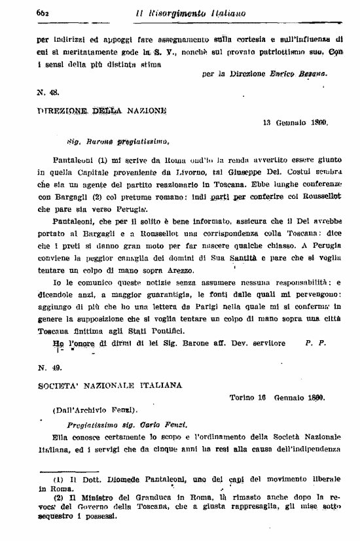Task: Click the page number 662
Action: [45, 13]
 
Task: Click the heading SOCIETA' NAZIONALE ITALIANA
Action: [110, 386]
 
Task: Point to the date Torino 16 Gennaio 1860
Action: [278, 397]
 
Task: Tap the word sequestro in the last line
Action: [57, 515]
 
